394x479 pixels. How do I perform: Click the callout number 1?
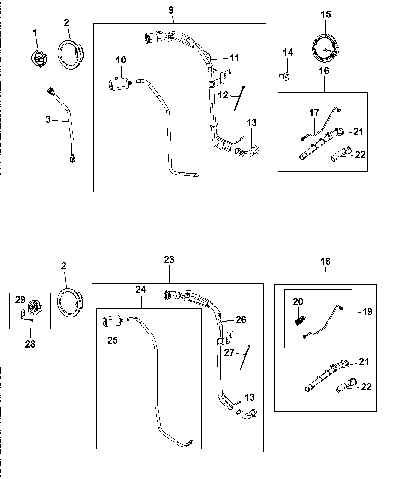(35, 33)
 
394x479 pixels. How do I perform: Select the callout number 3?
(48, 119)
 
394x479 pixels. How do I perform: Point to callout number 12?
(223, 95)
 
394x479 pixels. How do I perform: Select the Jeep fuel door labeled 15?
(325, 48)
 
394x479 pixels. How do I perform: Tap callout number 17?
(314, 112)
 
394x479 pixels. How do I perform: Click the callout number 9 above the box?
(171, 10)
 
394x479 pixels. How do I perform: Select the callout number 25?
(113, 340)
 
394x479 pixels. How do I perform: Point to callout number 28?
(30, 343)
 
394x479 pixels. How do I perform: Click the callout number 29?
(20, 300)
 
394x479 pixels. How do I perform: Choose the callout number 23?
(170, 259)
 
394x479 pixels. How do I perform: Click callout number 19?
(368, 312)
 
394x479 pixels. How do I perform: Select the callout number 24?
(141, 289)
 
